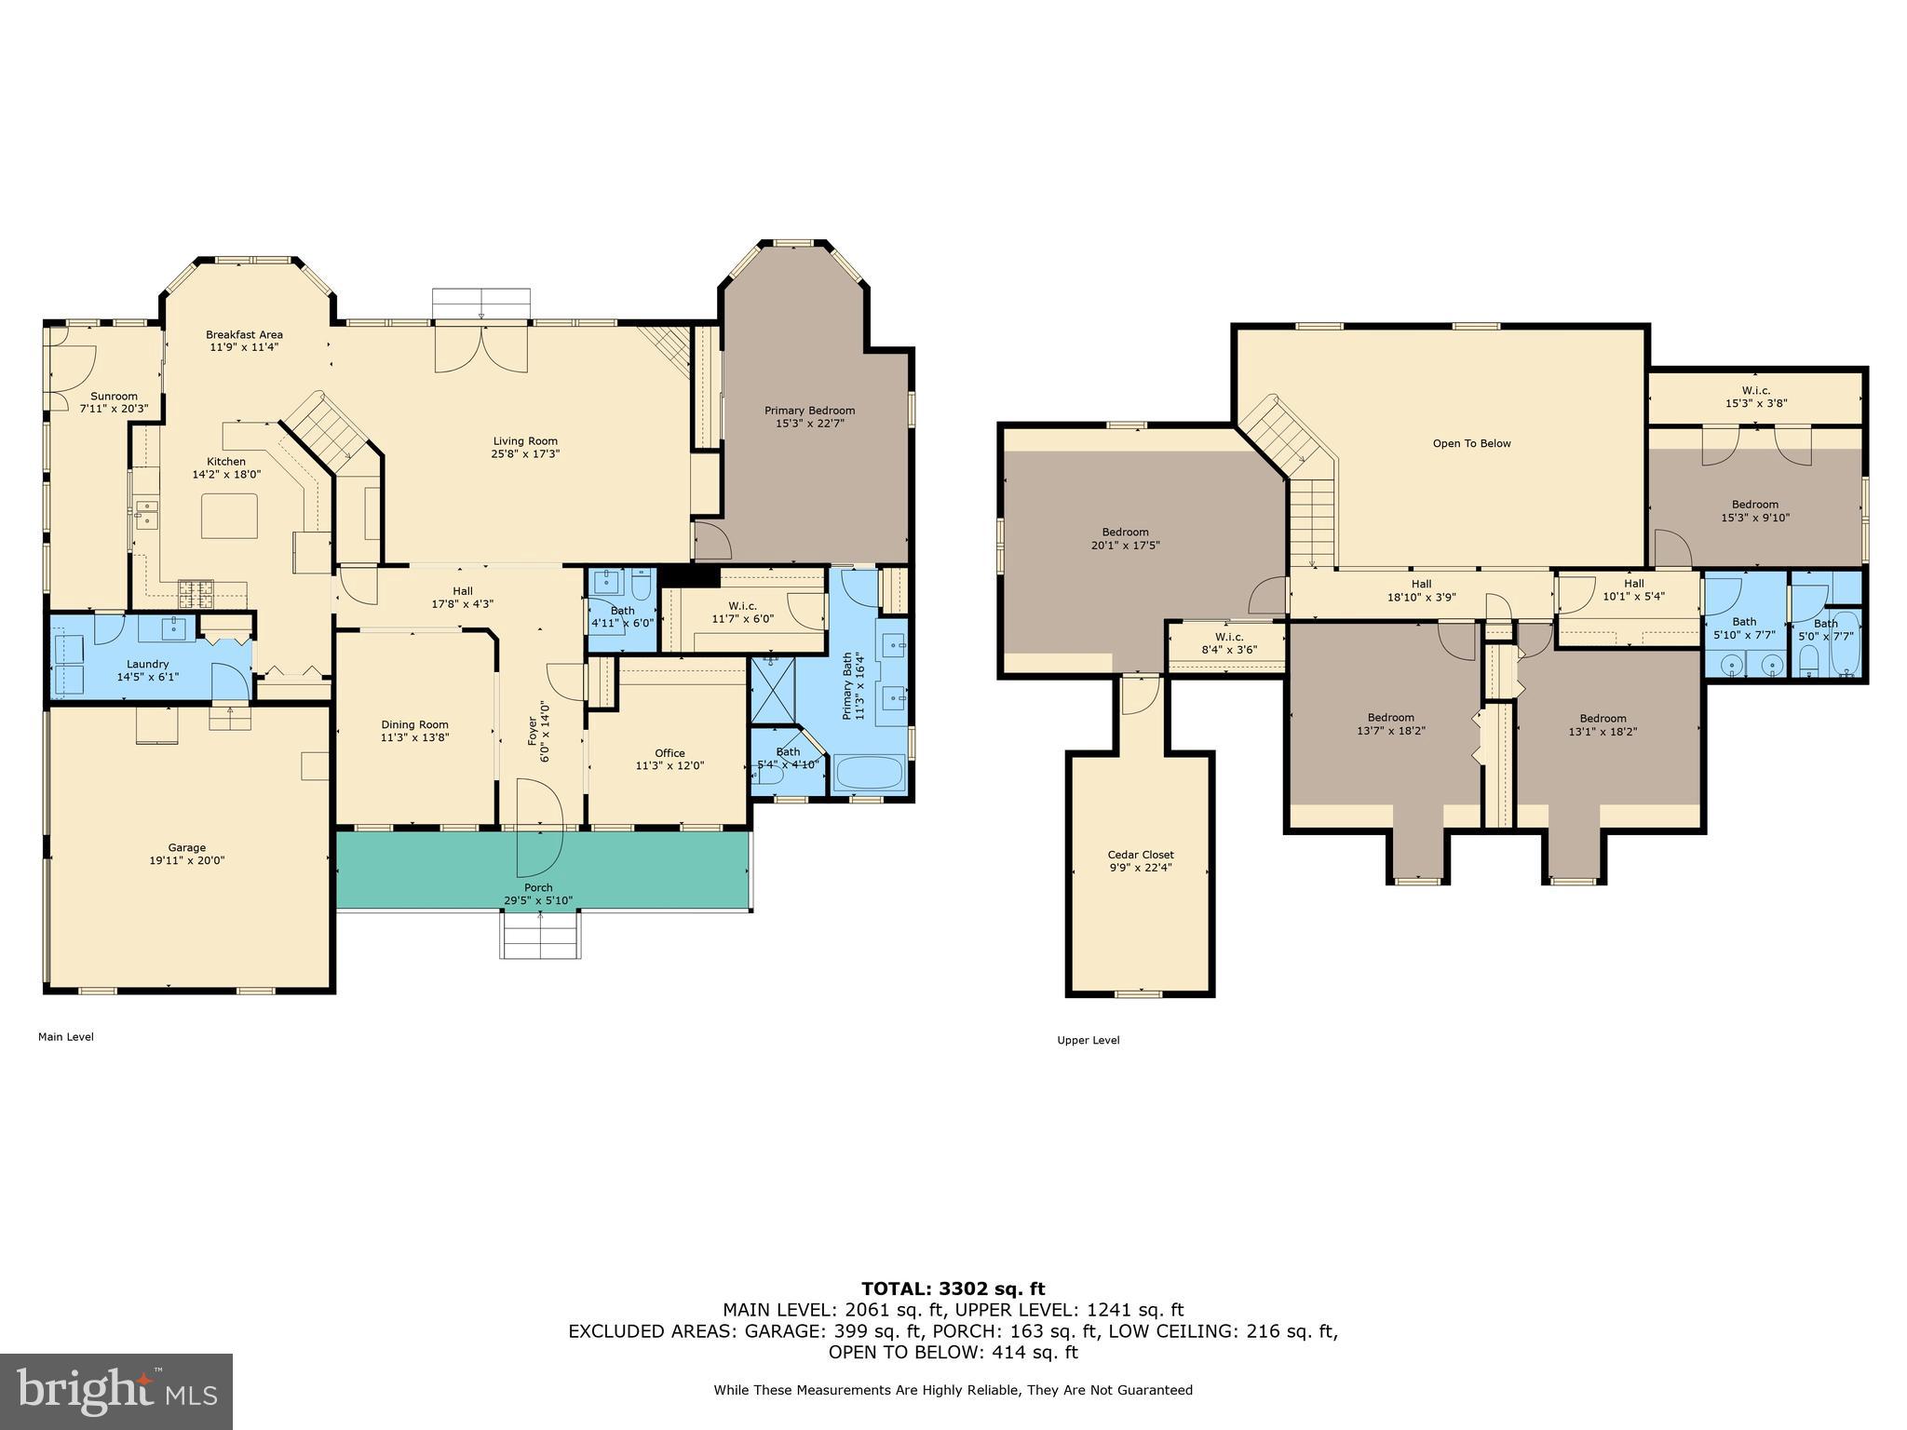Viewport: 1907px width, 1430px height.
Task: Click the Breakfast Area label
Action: [244, 335]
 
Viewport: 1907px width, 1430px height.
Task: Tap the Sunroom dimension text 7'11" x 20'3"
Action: [114, 409]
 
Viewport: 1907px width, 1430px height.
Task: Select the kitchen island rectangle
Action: [230, 516]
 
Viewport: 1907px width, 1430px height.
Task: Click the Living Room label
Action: [525, 441]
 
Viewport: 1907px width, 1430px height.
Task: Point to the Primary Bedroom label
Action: [809, 411]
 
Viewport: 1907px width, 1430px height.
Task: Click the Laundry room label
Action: [147, 664]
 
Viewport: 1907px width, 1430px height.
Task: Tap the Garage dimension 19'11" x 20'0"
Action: [186, 861]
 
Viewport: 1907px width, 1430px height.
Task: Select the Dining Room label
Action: [414, 724]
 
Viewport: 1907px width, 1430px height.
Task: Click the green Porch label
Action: [538, 887]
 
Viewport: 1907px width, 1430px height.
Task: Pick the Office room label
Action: [669, 753]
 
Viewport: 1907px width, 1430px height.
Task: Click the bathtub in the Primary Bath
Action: [869, 774]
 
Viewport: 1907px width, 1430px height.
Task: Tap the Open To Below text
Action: [1471, 443]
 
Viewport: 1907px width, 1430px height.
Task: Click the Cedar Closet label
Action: [1140, 855]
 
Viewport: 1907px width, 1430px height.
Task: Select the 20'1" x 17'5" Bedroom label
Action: [1125, 539]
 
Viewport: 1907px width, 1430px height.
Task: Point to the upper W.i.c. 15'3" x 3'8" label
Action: [1755, 398]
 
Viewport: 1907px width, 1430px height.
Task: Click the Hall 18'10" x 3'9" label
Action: [1421, 591]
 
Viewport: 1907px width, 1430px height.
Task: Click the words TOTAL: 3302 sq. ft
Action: [953, 1289]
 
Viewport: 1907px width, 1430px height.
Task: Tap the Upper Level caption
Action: [1088, 1040]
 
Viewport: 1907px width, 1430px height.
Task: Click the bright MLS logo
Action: [116, 1392]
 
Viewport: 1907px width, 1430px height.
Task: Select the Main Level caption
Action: [65, 1036]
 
